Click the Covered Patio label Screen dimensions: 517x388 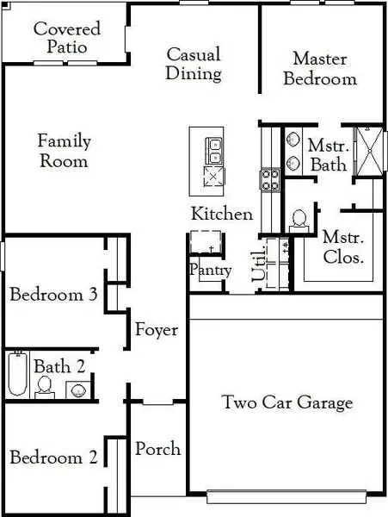point(66,37)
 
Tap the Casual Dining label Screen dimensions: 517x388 point(193,64)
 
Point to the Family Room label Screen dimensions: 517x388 point(64,151)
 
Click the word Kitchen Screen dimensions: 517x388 point(222,214)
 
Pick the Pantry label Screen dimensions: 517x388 point(211,270)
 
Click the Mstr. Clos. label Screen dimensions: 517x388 point(342,246)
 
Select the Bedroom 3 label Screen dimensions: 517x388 point(53,295)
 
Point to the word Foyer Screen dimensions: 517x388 point(157,330)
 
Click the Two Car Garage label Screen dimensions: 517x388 point(287,402)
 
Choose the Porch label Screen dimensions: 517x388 point(158,449)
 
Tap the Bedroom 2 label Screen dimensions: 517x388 point(53,458)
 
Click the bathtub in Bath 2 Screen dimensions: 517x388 point(16,375)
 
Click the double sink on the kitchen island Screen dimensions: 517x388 point(212,150)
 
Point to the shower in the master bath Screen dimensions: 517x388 point(370,152)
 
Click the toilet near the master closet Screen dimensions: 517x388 point(300,219)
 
